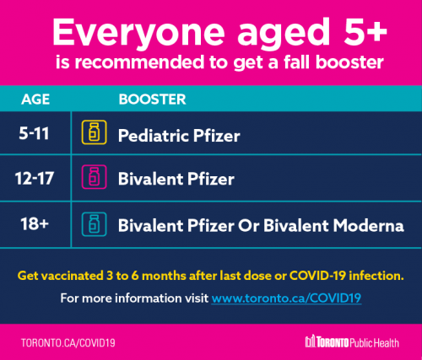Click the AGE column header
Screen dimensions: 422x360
(x=35, y=99)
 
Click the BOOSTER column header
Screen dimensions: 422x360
(x=152, y=99)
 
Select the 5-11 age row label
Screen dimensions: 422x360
(x=34, y=133)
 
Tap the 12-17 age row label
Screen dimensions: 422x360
(x=35, y=179)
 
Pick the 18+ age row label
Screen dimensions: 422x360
(x=35, y=224)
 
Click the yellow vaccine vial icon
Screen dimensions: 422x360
(x=94, y=132)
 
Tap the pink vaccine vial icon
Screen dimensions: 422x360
(x=94, y=177)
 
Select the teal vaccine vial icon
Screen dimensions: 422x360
(x=94, y=224)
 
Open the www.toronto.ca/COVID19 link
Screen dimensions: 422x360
(x=286, y=298)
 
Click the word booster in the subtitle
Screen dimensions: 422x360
(x=349, y=62)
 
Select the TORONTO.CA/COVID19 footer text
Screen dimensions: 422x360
(x=68, y=343)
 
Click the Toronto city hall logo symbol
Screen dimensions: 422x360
(x=311, y=341)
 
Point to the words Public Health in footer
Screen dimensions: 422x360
(x=375, y=343)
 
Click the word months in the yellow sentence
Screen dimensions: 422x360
(x=164, y=276)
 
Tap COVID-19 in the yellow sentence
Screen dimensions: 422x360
(x=317, y=276)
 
